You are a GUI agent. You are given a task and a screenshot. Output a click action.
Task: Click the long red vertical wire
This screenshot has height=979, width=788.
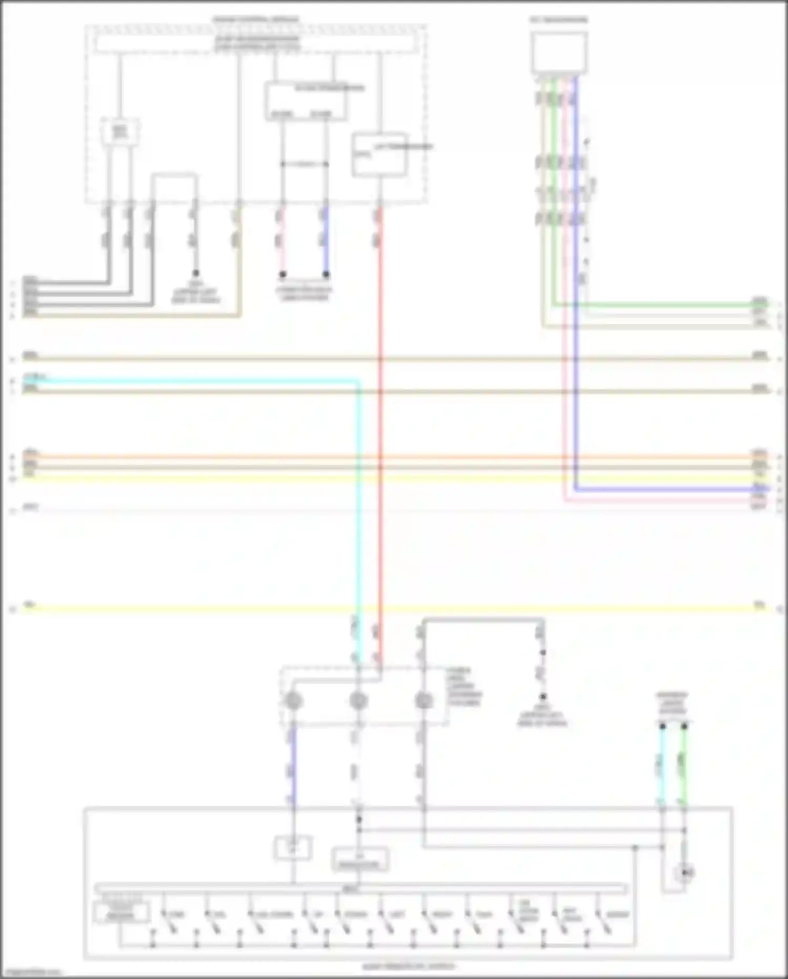point(381,421)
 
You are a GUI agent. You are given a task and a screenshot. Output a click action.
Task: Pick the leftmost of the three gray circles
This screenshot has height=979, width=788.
point(293,701)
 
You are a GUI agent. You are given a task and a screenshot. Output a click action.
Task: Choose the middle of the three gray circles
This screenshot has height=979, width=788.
point(358,701)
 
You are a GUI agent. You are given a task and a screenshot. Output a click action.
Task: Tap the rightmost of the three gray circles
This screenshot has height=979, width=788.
point(423,701)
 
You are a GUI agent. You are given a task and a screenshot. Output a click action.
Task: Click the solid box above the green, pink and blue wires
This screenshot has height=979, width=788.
point(559,52)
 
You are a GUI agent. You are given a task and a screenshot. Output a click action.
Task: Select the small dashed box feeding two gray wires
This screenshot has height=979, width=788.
point(120,132)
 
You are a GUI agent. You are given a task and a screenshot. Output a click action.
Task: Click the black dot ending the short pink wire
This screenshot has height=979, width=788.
point(282,274)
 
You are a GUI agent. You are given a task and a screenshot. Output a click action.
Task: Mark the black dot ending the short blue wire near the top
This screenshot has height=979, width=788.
point(326,274)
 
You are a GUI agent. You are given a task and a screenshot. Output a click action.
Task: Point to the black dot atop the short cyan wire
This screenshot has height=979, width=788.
point(662,726)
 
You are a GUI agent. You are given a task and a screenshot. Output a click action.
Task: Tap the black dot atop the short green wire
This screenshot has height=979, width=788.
point(684,726)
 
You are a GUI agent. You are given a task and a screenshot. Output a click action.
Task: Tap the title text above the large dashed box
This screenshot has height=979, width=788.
point(255,20)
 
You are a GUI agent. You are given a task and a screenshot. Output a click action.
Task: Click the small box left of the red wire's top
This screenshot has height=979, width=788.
point(379,155)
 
